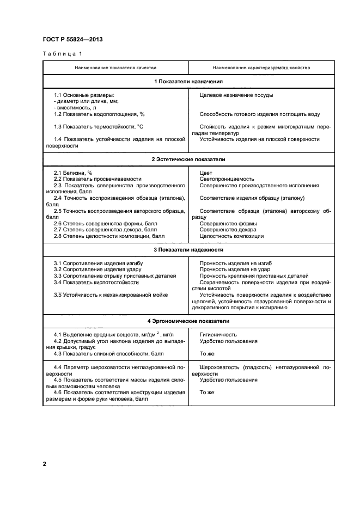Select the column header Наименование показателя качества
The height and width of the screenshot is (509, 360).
tap(115, 68)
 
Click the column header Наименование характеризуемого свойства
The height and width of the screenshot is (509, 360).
tap(261, 68)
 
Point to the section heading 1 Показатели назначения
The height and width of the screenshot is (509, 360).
tap(188, 82)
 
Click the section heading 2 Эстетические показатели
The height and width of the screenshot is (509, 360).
tap(188, 160)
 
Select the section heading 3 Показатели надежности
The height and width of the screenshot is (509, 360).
tap(188, 250)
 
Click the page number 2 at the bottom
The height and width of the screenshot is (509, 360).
tap(45, 464)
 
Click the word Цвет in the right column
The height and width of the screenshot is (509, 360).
tap(206, 173)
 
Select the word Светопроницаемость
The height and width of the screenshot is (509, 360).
tap(227, 179)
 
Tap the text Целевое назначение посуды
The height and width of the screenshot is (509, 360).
tap(236, 95)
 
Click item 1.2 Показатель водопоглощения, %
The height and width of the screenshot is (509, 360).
tap(99, 114)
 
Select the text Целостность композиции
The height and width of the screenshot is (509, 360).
tap(231, 236)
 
